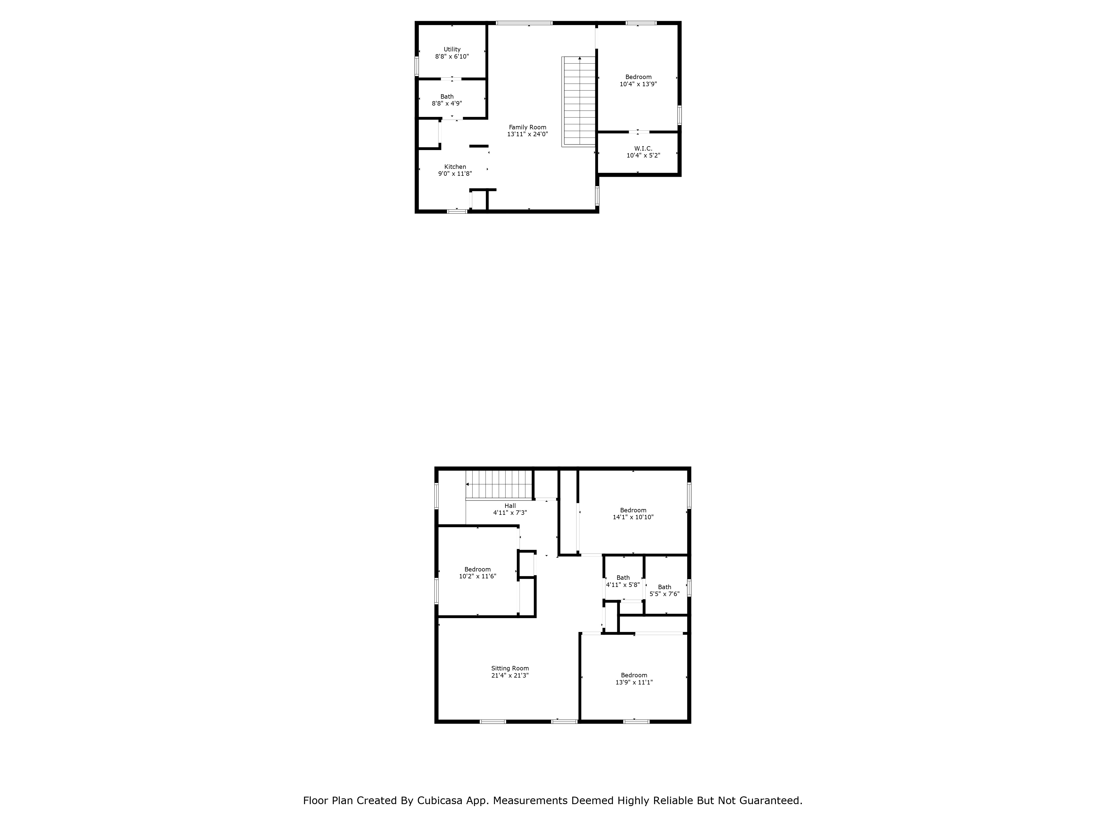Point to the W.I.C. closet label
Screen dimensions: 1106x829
(643, 148)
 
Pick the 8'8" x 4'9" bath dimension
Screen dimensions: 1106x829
(447, 103)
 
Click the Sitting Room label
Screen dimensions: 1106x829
(510, 668)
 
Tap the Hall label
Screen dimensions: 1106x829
(510, 506)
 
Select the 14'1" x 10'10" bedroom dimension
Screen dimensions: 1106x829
(633, 517)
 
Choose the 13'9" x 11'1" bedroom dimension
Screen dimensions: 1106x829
(634, 682)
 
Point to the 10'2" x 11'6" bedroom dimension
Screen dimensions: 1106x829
(478, 576)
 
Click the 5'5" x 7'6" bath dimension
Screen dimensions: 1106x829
(664, 594)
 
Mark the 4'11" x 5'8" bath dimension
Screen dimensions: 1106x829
(623, 585)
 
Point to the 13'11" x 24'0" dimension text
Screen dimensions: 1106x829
(528, 134)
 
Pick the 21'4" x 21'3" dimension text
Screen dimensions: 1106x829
(510, 675)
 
